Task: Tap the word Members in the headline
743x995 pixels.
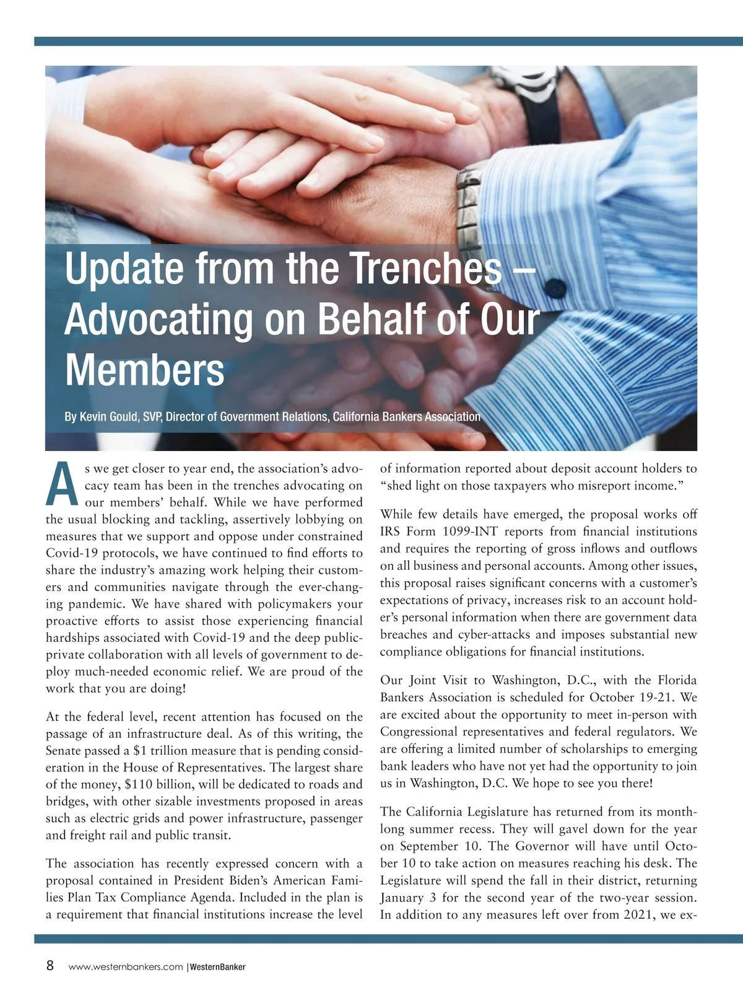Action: [x=144, y=370]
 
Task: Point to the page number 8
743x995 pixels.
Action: [x=50, y=965]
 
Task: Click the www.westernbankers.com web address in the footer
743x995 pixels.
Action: [x=126, y=967]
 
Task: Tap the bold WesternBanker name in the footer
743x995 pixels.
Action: [x=217, y=967]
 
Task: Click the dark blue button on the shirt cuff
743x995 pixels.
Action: [x=555, y=287]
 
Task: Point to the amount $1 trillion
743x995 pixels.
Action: [x=162, y=751]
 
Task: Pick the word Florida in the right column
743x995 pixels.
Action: [x=677, y=680]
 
